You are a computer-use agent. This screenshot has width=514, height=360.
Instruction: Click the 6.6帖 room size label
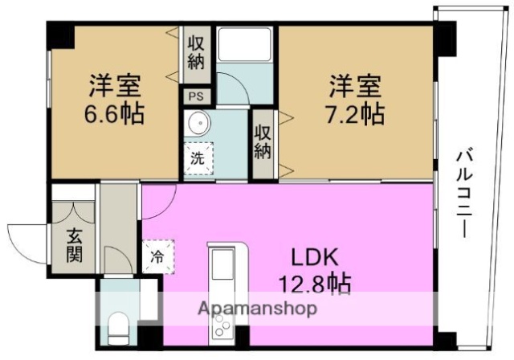[x=115, y=113]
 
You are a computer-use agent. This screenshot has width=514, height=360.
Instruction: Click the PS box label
[x=196, y=95]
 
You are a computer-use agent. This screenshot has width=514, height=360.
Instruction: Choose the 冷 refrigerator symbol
[x=157, y=258]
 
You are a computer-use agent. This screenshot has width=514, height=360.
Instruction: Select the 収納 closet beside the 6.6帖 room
[x=196, y=51]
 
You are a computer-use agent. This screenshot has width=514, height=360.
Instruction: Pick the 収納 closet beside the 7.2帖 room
[x=262, y=142]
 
